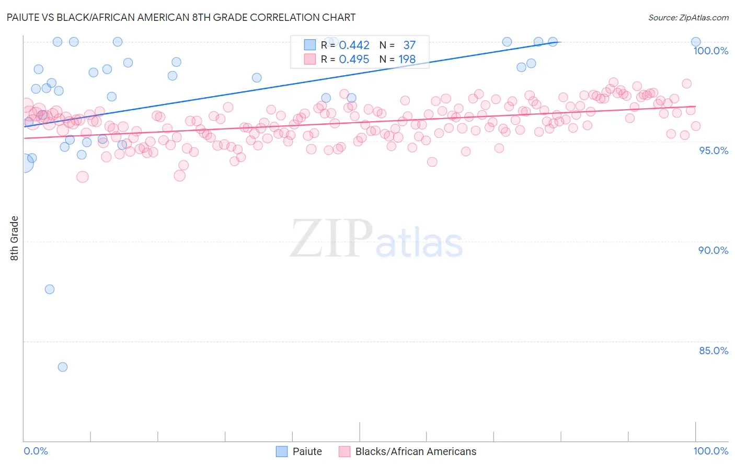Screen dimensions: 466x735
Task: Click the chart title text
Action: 181,17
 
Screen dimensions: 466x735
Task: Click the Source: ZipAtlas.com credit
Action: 688,18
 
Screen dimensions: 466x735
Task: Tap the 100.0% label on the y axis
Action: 710,51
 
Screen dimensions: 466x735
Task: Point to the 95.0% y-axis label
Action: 713,150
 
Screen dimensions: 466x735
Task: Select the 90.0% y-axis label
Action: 713,250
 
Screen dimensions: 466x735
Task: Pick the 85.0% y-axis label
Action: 713,351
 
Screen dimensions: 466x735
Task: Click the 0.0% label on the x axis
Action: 36,451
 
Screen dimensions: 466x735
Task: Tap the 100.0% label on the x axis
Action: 710,451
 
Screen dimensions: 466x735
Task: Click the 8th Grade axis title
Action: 15,238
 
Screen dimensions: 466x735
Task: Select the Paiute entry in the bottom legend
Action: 307,451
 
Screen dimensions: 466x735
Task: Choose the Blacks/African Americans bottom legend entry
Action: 416,451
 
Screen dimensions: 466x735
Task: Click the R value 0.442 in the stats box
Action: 354,45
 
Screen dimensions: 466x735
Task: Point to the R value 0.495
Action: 354,59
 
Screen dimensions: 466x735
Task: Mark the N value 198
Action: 407,59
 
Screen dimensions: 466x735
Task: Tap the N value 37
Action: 409,45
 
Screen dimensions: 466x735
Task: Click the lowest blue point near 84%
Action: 63,367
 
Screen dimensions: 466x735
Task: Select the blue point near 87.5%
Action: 50,289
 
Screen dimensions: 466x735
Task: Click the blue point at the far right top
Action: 696,42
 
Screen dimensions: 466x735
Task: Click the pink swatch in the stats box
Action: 310,59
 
